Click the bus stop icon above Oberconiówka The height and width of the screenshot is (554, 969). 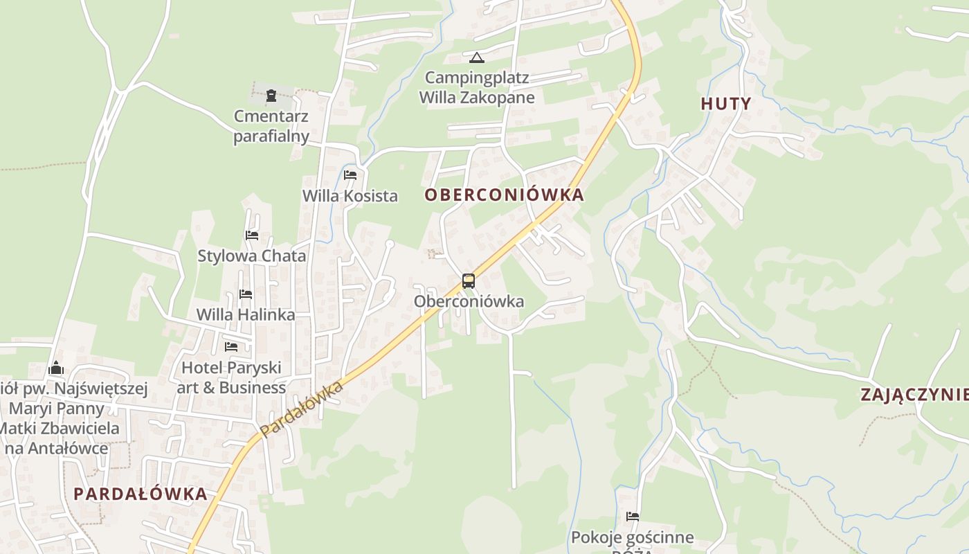tap(469, 280)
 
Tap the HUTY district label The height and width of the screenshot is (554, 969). tap(725, 104)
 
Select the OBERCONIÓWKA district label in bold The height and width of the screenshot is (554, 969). tap(504, 195)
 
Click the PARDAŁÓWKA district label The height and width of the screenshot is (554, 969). tap(140, 494)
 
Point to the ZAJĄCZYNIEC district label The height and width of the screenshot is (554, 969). tap(914, 395)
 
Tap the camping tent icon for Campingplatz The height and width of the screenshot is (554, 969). tap(476, 57)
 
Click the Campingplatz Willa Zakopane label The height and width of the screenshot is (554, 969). tap(477, 87)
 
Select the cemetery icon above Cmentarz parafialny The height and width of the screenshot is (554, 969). tap(271, 95)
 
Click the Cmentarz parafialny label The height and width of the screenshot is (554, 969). tap(271, 126)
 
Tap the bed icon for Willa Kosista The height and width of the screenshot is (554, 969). tap(350, 175)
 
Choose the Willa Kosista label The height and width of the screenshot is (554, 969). tap(350, 196)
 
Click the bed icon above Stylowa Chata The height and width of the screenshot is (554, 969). tap(252, 235)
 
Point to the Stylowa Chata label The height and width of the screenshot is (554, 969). tap(252, 256)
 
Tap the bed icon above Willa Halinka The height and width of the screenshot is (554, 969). tap(246, 294)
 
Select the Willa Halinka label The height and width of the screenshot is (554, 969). tap(246, 314)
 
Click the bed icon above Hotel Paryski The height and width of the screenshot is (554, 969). tap(231, 346)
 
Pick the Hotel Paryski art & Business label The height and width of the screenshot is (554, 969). tap(231, 377)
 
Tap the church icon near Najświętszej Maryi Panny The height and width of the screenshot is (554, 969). tap(56, 367)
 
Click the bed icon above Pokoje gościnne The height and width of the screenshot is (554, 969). tap(632, 516)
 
